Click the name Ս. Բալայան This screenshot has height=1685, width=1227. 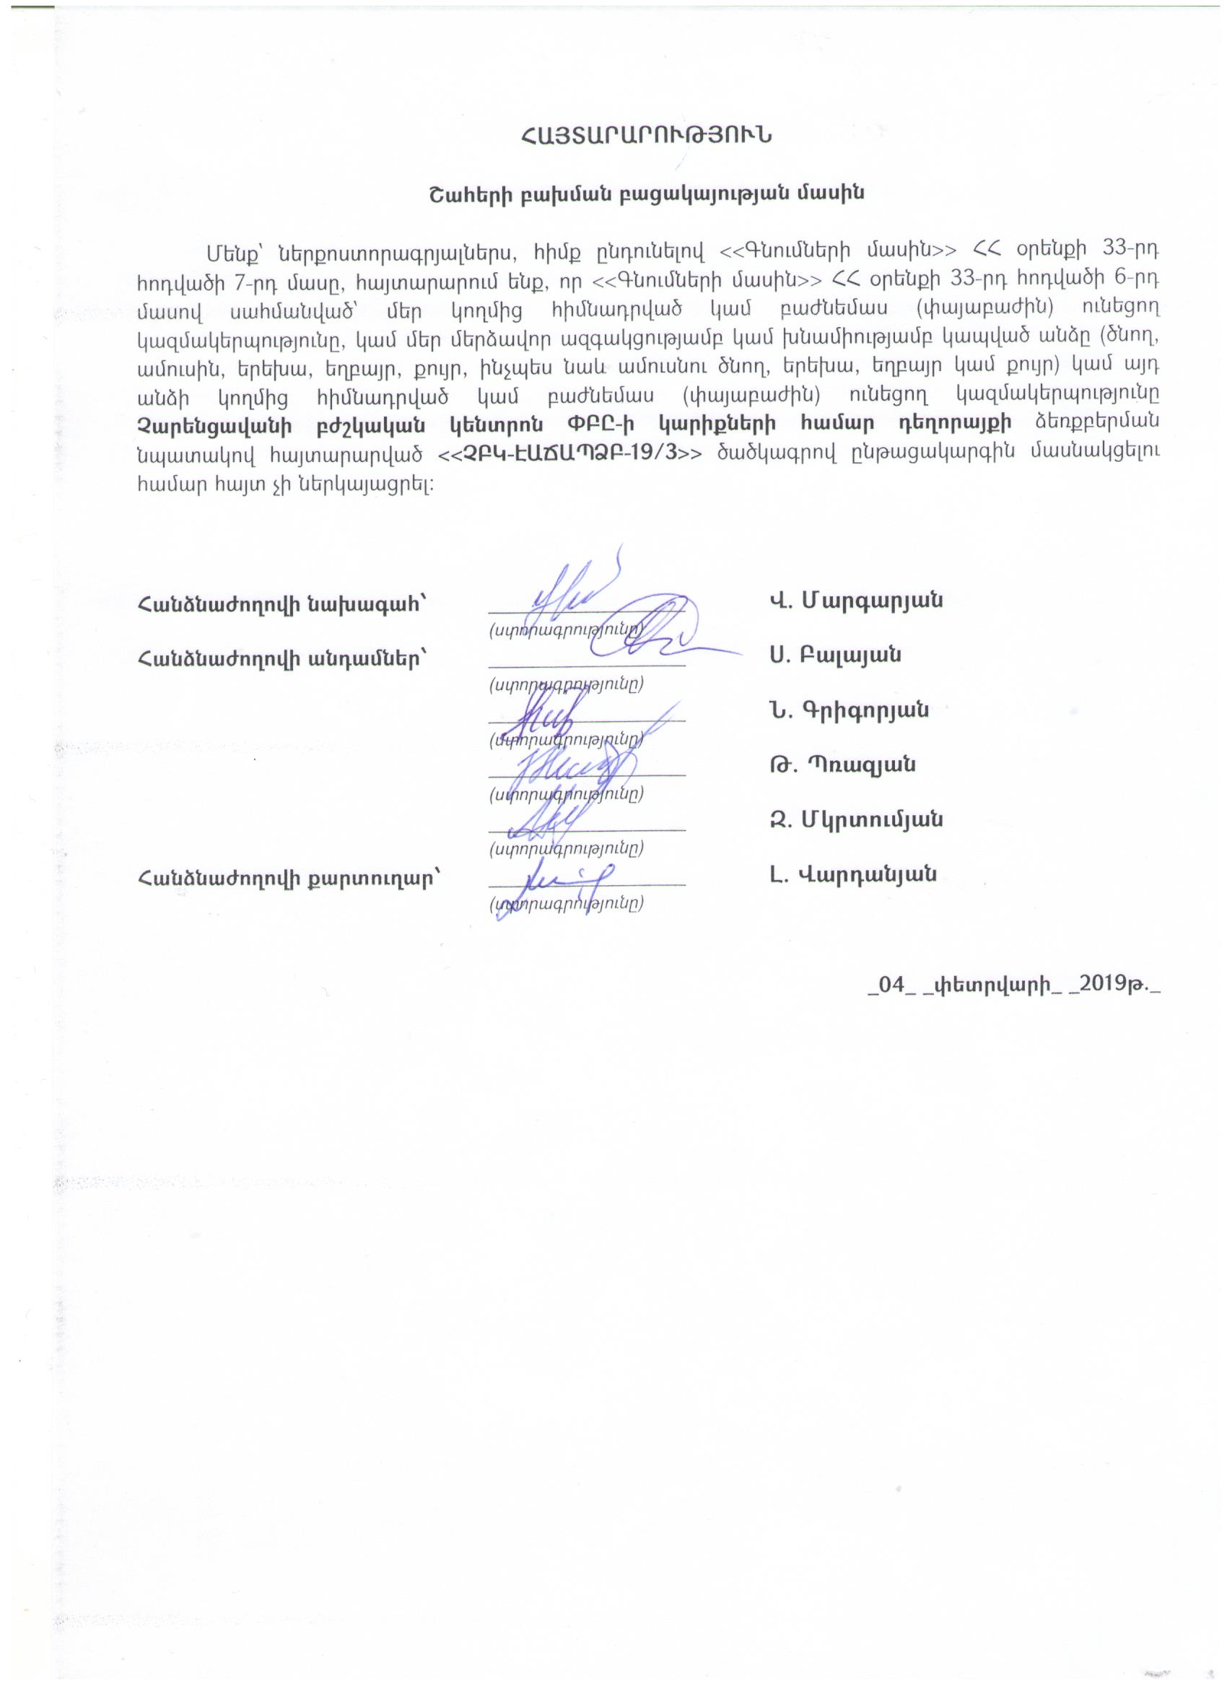[x=836, y=656]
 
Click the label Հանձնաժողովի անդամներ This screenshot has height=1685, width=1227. [x=282, y=658]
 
